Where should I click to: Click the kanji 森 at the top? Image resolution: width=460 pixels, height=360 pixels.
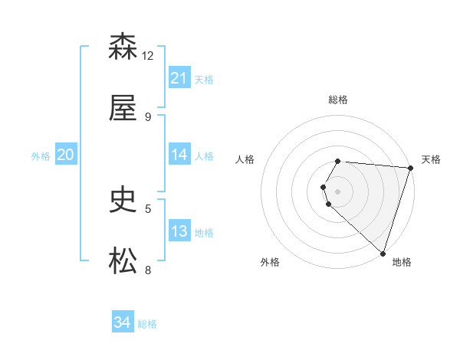point(123,47)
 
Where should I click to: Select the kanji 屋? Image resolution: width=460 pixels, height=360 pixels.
point(123,109)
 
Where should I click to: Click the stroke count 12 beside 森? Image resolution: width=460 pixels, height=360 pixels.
point(148,55)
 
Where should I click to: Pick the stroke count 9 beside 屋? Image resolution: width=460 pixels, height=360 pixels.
point(148,116)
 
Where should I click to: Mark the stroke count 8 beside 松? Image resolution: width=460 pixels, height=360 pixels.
point(148,270)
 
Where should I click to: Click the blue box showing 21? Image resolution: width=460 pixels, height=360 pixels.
point(179,78)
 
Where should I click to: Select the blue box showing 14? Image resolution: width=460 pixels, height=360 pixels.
point(179,155)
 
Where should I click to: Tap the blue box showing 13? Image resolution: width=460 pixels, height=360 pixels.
point(179,231)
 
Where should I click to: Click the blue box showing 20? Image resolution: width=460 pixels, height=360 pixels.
point(65,155)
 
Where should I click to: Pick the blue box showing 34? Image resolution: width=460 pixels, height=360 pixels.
point(122,322)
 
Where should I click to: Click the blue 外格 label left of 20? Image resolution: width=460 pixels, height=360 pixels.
point(41,155)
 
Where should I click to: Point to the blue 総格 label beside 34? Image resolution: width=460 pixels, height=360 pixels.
point(147,324)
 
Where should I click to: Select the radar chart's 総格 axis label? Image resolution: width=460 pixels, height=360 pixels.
point(338,100)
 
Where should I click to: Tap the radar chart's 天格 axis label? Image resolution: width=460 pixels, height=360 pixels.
point(431,159)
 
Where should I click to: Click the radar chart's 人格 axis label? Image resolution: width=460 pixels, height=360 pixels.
point(245,159)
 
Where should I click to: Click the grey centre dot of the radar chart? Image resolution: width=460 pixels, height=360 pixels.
point(338,191)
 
